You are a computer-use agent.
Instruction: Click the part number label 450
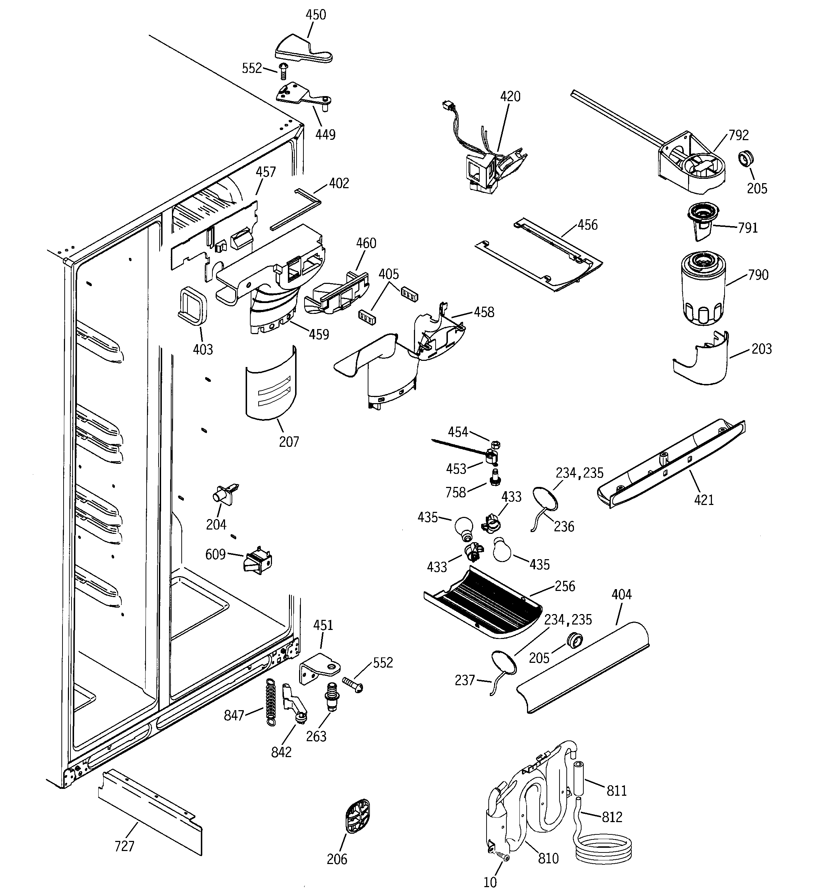click(315, 15)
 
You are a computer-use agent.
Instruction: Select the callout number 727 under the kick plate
click(124, 846)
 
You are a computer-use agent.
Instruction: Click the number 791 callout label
click(748, 228)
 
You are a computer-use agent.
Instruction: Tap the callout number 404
click(621, 595)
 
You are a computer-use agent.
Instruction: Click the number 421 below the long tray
click(704, 500)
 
